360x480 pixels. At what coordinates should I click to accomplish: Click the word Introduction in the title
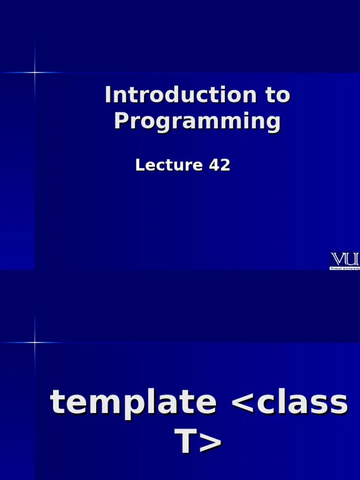(180, 95)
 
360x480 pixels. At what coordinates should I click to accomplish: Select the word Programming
(197, 121)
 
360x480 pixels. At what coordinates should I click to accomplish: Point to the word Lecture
(162, 165)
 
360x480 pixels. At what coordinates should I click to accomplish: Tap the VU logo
(345, 259)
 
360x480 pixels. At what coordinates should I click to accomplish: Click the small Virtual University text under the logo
(345, 268)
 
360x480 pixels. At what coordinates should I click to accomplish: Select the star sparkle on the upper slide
(35, 72)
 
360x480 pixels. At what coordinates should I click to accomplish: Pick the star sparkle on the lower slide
(35, 343)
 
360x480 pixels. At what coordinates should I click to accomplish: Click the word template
(133, 402)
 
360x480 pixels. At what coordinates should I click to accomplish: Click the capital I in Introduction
(108, 95)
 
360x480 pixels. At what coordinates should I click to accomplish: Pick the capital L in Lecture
(139, 165)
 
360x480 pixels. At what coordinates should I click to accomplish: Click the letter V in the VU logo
(338, 259)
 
